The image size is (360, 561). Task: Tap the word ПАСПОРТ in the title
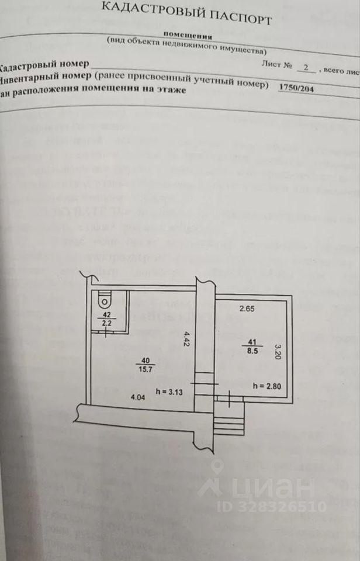click(x=241, y=18)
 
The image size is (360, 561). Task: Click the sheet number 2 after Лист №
click(x=304, y=68)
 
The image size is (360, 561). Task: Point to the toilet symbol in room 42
click(x=105, y=300)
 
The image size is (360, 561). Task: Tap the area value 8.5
click(x=252, y=352)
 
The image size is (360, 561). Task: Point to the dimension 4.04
click(x=137, y=398)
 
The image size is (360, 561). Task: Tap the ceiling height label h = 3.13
click(x=170, y=392)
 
